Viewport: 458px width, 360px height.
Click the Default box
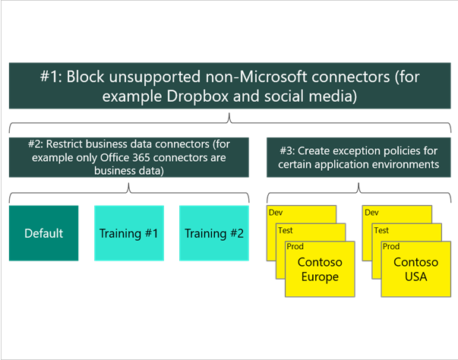pos(43,233)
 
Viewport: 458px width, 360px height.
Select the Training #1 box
pos(128,233)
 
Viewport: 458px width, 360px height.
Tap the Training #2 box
pos(213,233)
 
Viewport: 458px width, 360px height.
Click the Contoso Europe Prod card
pos(320,270)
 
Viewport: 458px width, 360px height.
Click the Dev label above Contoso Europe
pos(275,213)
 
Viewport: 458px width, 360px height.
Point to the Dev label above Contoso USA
pos(371,213)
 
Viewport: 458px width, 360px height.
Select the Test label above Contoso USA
pos(381,230)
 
